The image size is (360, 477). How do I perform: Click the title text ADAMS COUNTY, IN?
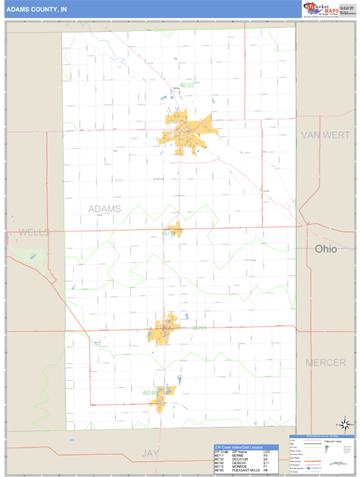[x=37, y=9]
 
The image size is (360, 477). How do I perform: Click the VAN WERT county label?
[x=325, y=136]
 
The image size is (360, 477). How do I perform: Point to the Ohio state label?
[x=325, y=249]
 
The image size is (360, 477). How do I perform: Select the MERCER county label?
[x=326, y=362]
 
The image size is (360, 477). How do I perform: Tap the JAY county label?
[x=150, y=452]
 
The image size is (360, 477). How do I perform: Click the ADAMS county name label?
[x=104, y=208]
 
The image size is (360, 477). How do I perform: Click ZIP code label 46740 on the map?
[x=150, y=393]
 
